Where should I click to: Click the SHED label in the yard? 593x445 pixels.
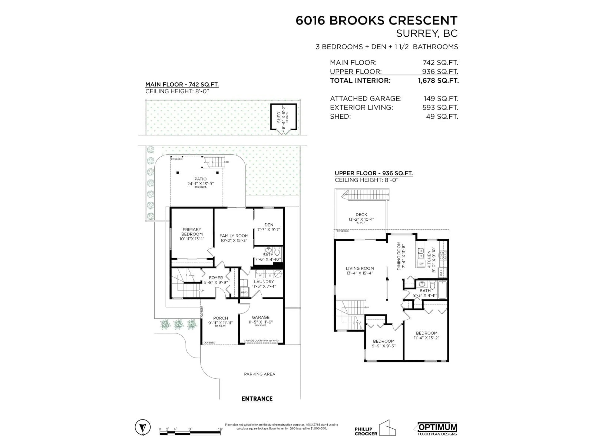(x=279, y=117)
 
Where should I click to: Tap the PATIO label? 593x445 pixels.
(x=201, y=179)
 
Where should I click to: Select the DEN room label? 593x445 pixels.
(x=269, y=225)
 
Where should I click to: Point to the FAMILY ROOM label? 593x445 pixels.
(x=234, y=236)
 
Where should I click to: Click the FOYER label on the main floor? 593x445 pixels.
(x=216, y=278)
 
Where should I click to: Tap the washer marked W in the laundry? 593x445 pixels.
(x=260, y=275)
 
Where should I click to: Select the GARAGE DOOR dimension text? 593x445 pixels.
(x=261, y=341)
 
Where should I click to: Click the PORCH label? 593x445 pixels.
(x=220, y=318)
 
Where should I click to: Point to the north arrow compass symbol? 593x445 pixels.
(x=143, y=427)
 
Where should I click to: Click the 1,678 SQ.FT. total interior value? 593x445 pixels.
(x=438, y=81)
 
